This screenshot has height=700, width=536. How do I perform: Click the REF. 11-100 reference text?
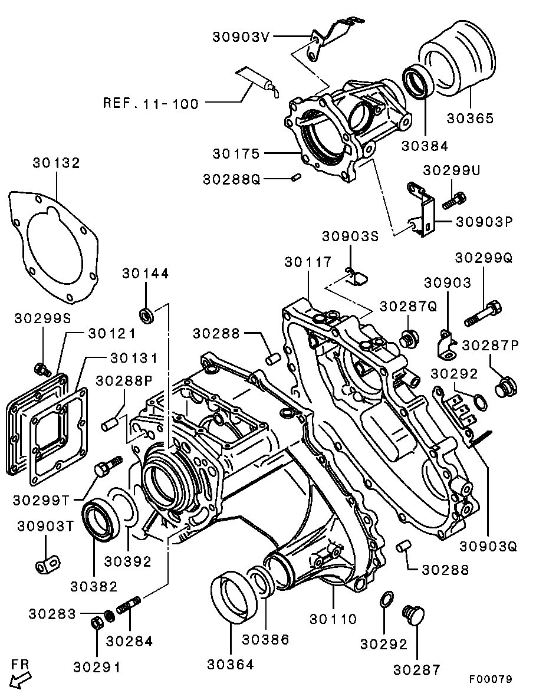click(151, 104)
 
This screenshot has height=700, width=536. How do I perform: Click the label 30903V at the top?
click(241, 37)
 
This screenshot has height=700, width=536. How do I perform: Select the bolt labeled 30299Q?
click(484, 313)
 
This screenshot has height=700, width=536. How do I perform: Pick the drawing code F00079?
click(491, 679)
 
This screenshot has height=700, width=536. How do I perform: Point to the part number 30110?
click(334, 619)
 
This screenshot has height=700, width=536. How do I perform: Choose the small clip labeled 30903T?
click(47, 564)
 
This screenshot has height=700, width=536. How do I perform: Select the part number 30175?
click(236, 154)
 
